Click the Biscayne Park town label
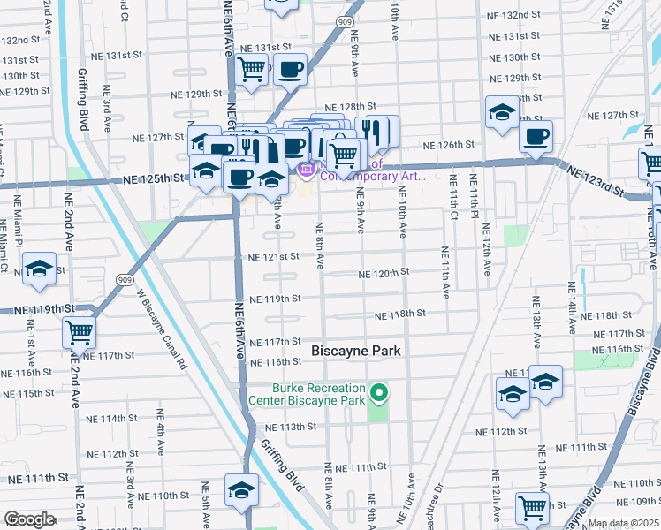tap(356, 351)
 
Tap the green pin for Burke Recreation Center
tap(379, 391)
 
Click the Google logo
tap(29, 519)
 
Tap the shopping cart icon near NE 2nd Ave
tap(80, 333)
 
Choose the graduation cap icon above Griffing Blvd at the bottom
tap(241, 490)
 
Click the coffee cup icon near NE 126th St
tap(535, 136)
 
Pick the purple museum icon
tap(306, 167)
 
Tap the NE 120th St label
tap(384, 274)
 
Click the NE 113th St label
tap(285, 427)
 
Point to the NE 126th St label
tap(450, 145)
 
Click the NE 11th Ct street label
tap(452, 199)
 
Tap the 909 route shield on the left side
tap(123, 278)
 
